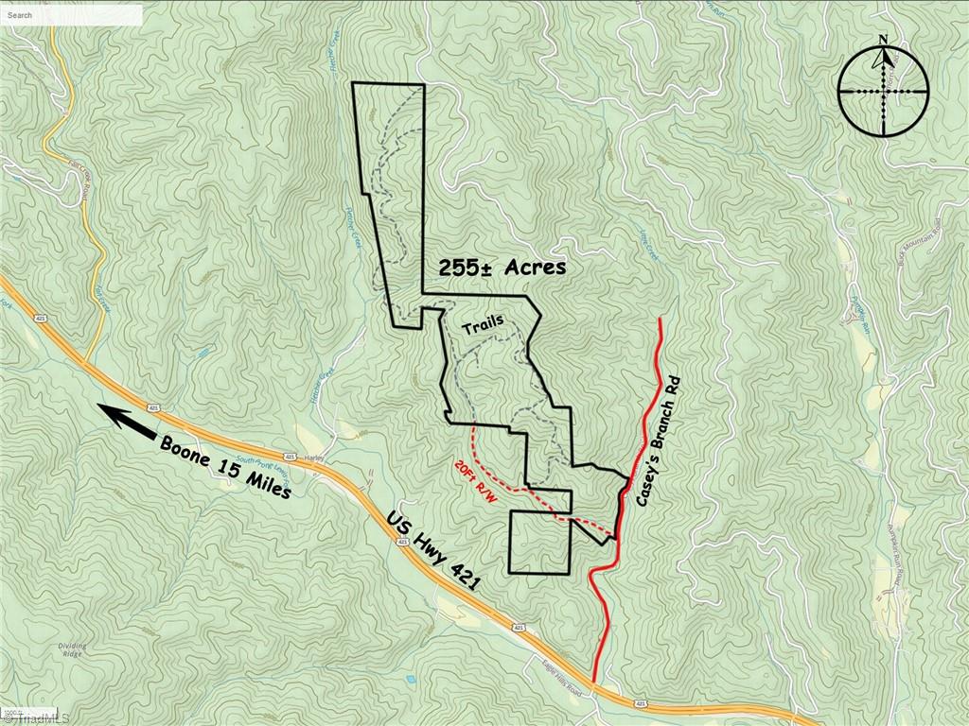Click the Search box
coord(72,15)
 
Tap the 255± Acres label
coord(502,268)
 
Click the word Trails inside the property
coord(483,325)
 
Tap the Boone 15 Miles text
coord(225,467)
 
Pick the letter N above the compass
coord(883,40)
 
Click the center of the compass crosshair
coord(883,92)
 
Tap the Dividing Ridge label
coord(72,649)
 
